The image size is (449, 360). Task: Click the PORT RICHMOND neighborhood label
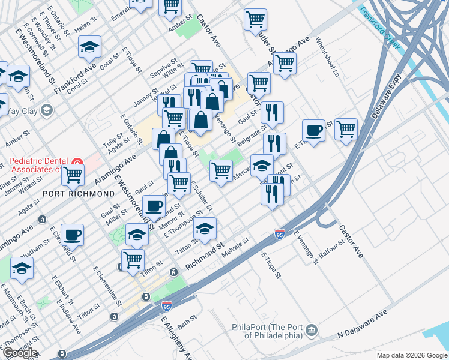(x=78, y=194)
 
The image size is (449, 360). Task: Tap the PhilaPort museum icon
(x=312, y=329)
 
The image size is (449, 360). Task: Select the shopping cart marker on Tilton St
(x=133, y=260)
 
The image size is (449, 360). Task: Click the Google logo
(x=19, y=353)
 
